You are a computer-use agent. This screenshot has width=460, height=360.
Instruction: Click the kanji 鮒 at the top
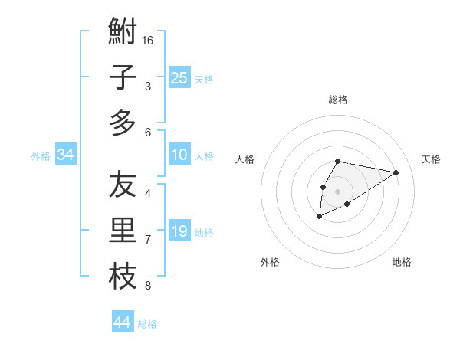click(x=123, y=31)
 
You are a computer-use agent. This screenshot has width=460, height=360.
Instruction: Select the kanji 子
click(x=123, y=77)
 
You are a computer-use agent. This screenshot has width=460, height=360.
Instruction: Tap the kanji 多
click(x=123, y=123)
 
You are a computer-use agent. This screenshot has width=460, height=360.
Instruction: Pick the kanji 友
click(x=123, y=185)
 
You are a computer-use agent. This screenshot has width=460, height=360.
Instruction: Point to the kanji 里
click(x=123, y=231)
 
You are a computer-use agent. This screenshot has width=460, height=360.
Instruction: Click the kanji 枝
click(x=123, y=277)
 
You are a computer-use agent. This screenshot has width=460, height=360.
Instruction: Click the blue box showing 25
click(x=179, y=77)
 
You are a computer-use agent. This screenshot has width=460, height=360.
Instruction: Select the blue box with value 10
click(x=179, y=155)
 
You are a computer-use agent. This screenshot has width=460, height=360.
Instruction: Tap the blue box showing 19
click(x=179, y=231)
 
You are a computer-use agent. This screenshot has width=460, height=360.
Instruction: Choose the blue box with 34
click(x=65, y=155)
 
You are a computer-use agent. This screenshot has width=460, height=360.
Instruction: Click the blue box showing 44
click(x=122, y=322)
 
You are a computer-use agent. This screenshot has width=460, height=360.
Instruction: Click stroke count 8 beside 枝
click(x=148, y=286)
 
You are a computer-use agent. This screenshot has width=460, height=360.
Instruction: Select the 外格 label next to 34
click(x=41, y=156)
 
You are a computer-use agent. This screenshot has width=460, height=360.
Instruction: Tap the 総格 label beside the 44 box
click(x=147, y=324)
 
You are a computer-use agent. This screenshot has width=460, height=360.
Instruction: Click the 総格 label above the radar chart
click(x=337, y=100)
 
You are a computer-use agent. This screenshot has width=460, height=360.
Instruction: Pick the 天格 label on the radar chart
click(x=431, y=159)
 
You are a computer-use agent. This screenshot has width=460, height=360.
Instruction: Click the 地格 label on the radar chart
click(x=402, y=262)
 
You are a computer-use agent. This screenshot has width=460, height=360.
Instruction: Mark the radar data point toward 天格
click(x=396, y=172)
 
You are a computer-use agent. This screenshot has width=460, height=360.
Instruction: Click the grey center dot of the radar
click(x=337, y=191)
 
